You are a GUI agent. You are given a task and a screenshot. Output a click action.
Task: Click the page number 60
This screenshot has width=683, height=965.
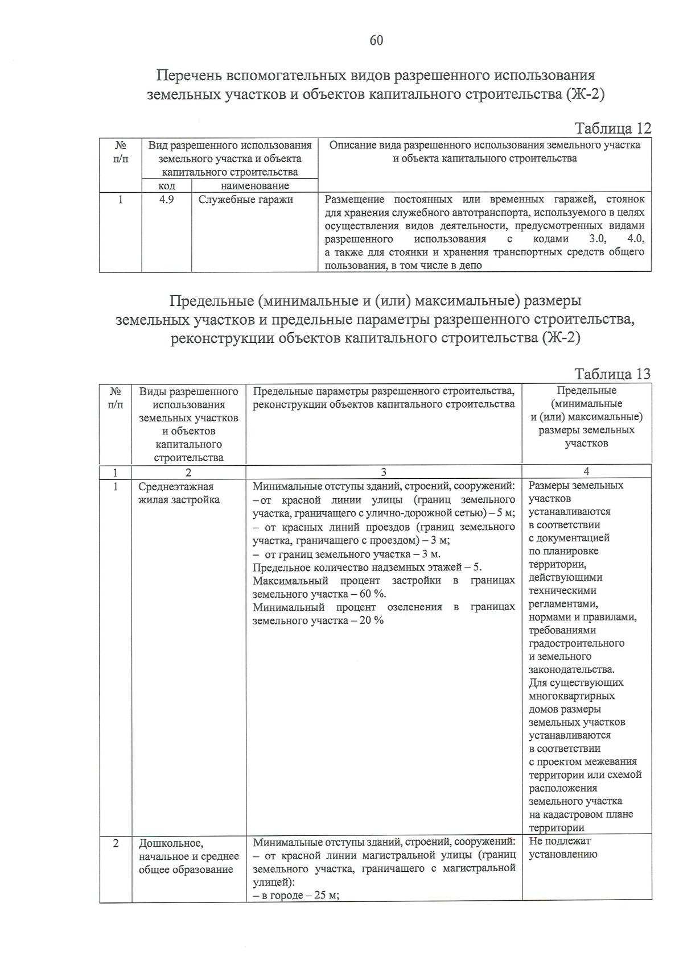(376, 40)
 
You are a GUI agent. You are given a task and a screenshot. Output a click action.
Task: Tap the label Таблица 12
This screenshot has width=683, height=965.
(612, 129)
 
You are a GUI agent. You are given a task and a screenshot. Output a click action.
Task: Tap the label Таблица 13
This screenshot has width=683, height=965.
(612, 374)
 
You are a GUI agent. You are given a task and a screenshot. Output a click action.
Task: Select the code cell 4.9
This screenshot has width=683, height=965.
(166, 200)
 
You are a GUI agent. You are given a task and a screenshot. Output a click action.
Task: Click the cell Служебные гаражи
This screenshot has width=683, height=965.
(246, 200)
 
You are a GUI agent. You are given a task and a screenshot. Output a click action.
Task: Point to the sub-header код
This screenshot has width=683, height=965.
(166, 186)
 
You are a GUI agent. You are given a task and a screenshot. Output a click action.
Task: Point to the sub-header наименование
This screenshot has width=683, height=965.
(254, 186)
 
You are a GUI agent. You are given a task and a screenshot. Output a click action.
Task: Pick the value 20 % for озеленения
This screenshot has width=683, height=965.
(371, 620)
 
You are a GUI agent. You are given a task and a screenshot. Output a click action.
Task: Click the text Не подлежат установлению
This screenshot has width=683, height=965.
(562, 847)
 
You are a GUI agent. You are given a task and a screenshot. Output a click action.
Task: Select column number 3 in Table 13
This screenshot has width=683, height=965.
(384, 471)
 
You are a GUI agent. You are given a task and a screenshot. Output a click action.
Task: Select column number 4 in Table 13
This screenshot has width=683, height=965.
(586, 471)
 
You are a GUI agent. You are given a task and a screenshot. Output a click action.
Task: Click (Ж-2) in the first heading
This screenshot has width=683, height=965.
(585, 94)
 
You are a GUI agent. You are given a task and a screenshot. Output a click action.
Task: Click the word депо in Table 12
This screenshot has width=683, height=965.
(471, 266)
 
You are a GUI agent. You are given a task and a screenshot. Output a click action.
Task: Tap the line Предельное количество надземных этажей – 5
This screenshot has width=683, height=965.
(368, 568)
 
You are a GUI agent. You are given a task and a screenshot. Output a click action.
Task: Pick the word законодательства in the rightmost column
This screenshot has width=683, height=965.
(571, 669)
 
